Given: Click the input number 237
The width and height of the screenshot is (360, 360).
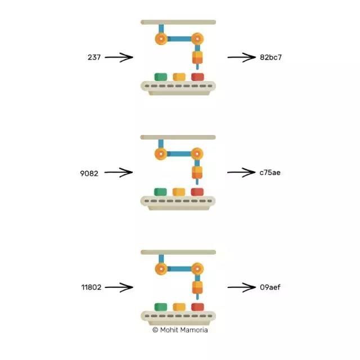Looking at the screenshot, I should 94,57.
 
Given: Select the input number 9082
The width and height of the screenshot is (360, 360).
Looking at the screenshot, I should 89,173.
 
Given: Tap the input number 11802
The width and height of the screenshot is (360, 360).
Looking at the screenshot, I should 91,287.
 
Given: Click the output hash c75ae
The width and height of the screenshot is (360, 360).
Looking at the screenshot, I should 270,173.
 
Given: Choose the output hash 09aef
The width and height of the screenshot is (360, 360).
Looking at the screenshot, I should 270,287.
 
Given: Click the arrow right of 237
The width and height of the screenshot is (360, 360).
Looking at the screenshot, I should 119,57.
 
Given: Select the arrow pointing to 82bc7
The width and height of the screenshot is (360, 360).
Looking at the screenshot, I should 241,57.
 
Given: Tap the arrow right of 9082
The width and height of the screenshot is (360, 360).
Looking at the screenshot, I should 118,173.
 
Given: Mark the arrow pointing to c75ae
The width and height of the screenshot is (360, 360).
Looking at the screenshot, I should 241,173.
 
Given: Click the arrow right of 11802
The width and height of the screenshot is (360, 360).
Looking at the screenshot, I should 119,287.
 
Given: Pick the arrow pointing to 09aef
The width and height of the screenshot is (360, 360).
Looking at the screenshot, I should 241,287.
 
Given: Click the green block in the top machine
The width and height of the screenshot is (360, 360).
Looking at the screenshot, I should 160,76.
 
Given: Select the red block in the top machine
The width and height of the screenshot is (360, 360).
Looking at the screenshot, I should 197,76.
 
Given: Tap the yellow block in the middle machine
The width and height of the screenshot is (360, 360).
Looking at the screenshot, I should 179,192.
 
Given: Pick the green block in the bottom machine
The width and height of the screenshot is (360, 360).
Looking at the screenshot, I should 160,307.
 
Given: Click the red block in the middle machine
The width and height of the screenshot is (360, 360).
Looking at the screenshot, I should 197,192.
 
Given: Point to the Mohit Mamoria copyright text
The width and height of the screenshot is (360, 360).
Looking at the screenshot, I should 180,330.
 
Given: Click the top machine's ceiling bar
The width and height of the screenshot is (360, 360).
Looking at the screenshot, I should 178,22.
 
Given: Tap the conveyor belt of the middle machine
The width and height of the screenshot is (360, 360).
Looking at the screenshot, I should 178,201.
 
